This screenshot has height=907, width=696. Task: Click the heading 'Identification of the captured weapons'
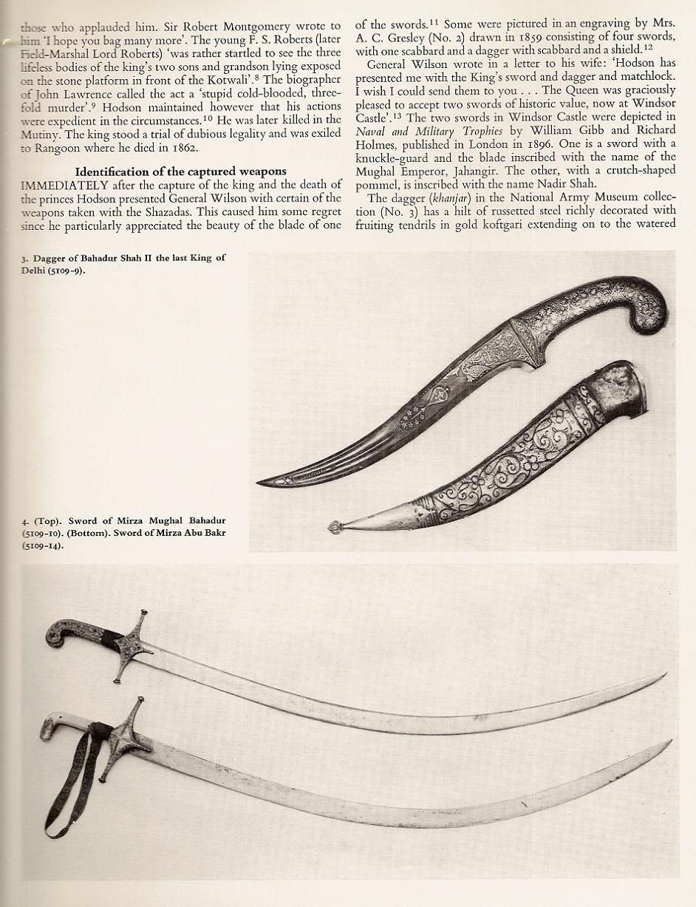coord(180,171)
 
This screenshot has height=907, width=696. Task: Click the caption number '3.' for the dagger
coord(24,258)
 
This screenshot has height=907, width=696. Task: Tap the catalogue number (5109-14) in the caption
coord(43,546)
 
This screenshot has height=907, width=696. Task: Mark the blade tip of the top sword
coord(663,676)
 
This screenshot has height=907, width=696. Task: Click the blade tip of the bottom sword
coord(669,742)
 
